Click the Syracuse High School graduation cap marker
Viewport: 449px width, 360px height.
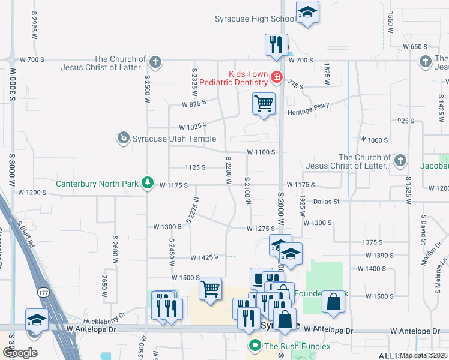tap(307, 13)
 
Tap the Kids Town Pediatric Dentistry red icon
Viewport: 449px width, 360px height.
tap(276, 77)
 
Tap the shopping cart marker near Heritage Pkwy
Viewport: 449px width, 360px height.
tap(264, 104)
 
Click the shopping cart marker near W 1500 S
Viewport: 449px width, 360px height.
tap(210, 290)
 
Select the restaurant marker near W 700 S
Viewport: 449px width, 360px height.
tap(276, 45)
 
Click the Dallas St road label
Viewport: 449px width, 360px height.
tap(326, 202)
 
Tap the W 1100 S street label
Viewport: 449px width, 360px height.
tap(261, 152)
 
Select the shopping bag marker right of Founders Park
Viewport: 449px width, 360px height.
tap(333, 302)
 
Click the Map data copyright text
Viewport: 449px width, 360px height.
tap(424, 355)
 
